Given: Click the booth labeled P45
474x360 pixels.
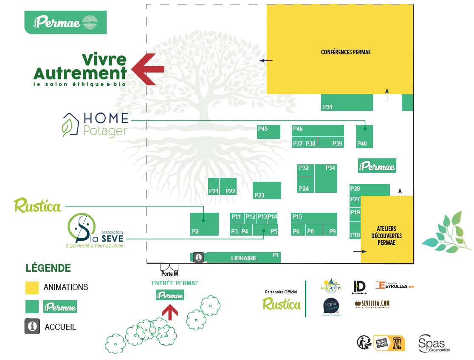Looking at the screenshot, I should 268,132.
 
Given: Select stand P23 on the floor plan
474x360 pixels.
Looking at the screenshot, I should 267,190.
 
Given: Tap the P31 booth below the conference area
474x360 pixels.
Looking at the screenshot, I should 347,103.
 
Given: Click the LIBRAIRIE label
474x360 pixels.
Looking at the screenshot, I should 244,258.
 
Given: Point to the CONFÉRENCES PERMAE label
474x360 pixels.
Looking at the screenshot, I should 346,52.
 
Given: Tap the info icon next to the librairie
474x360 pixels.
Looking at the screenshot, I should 198,257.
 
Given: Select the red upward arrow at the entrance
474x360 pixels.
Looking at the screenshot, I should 170,312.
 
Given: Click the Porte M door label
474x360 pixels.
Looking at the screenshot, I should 169,274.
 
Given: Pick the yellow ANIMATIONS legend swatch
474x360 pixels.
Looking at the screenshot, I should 32,287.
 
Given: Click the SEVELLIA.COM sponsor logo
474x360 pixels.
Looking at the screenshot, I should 372,304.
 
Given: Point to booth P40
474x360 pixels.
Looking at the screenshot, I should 364,136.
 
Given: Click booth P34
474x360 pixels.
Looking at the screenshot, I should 326,178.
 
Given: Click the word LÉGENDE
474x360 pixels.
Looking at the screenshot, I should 48,268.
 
